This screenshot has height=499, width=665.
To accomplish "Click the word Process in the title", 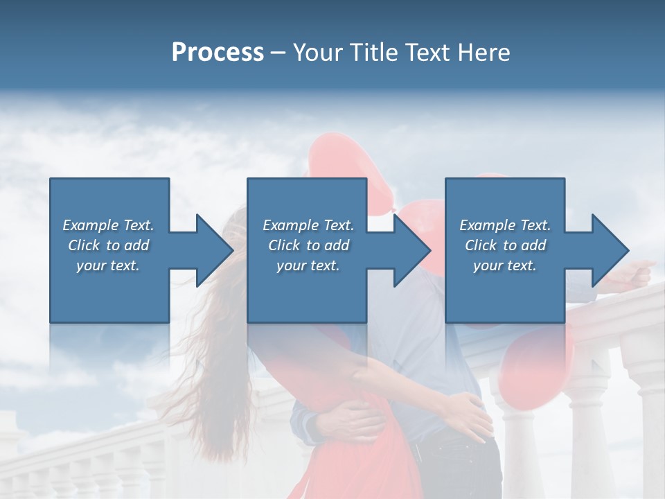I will pyautogui.click(x=218, y=53).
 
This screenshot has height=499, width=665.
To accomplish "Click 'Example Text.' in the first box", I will pyautogui.click(x=108, y=225).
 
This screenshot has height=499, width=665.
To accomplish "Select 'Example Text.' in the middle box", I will pyautogui.click(x=308, y=225).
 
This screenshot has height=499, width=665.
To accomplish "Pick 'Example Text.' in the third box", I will pyautogui.click(x=505, y=225).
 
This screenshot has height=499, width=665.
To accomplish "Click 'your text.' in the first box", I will pyautogui.click(x=108, y=265).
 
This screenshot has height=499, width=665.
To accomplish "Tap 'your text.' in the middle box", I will pyautogui.click(x=308, y=265).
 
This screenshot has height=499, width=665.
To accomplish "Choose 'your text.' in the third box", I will pyautogui.click(x=505, y=265).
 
